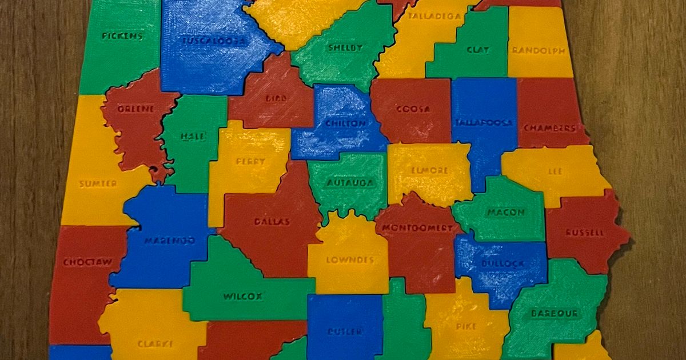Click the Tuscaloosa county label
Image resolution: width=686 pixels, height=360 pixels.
(x=213, y=41)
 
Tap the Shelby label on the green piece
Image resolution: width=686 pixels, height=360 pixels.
(x=345, y=48)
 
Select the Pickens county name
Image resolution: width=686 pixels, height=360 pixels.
(x=122, y=36)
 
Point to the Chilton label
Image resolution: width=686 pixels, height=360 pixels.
(x=345, y=123)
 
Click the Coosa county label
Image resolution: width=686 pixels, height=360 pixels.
(x=413, y=109)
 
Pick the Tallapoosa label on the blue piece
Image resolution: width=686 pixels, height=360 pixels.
(x=484, y=123)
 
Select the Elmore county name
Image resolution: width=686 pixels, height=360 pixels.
(x=429, y=170)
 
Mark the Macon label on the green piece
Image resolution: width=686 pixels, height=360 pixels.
(x=505, y=213)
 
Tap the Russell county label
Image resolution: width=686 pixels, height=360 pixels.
(x=584, y=233)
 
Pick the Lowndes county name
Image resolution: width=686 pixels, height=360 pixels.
(x=349, y=260)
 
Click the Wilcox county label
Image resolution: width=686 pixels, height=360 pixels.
(x=242, y=297)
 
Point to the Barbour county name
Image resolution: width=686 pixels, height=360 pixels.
(x=555, y=313)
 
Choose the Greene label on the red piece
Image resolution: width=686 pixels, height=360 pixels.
(x=135, y=109)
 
